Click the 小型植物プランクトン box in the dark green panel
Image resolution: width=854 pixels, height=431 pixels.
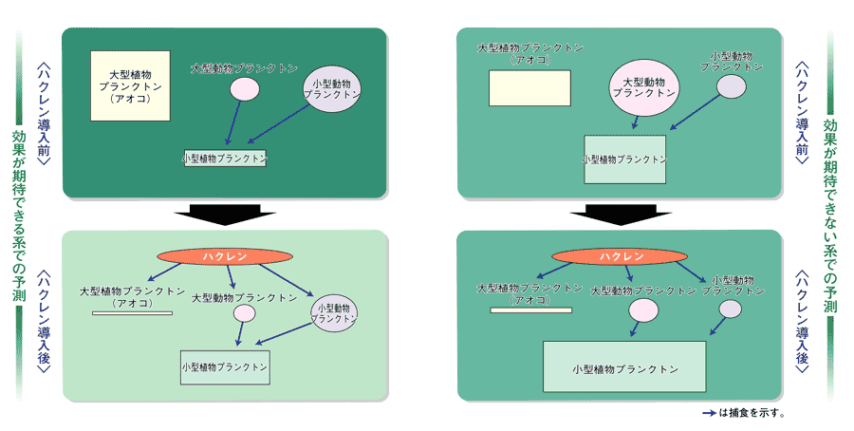(225, 158)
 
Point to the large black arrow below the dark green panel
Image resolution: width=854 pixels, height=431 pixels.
(225, 214)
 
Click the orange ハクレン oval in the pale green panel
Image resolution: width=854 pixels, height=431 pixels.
(224, 256)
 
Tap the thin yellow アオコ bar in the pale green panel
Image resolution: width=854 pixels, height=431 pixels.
(132, 311)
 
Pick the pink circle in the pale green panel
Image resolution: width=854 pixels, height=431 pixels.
(245, 313)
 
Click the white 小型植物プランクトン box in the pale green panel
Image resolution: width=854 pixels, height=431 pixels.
(225, 366)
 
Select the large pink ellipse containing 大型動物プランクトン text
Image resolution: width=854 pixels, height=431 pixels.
(643, 88)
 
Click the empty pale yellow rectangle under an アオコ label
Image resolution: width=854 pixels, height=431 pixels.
(529, 87)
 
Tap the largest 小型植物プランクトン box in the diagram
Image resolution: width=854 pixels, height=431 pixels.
(623, 366)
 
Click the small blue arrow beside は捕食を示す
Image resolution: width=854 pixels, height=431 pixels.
(708, 414)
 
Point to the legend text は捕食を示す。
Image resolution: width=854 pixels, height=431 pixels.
(753, 414)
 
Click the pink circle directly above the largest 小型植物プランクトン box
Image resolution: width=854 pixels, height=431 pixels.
(643, 310)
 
